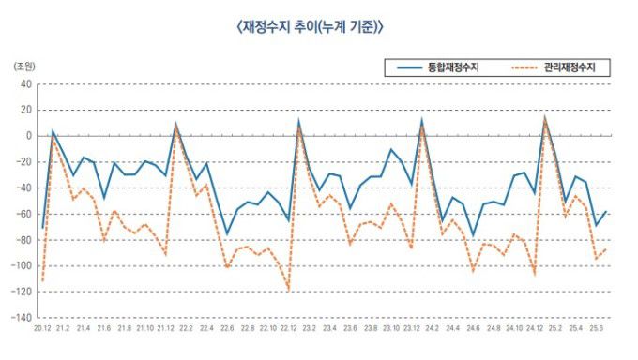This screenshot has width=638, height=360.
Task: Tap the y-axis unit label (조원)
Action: click(23, 67)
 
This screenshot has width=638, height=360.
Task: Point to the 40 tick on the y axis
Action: click(26, 83)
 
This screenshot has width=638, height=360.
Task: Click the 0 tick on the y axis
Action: click(29, 136)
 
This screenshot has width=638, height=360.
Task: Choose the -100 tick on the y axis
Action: click(23, 266)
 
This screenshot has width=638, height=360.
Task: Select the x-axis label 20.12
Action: click(42, 330)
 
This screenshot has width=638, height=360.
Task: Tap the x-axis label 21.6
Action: click(103, 330)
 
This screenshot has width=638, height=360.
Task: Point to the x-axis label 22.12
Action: click(288, 330)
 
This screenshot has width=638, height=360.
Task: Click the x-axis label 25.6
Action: click(596, 330)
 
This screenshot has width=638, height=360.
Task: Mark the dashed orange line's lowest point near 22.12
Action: click(288, 290)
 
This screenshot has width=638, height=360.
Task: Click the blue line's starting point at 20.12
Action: click(42, 228)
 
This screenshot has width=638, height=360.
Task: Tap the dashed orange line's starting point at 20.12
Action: click(42, 280)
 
